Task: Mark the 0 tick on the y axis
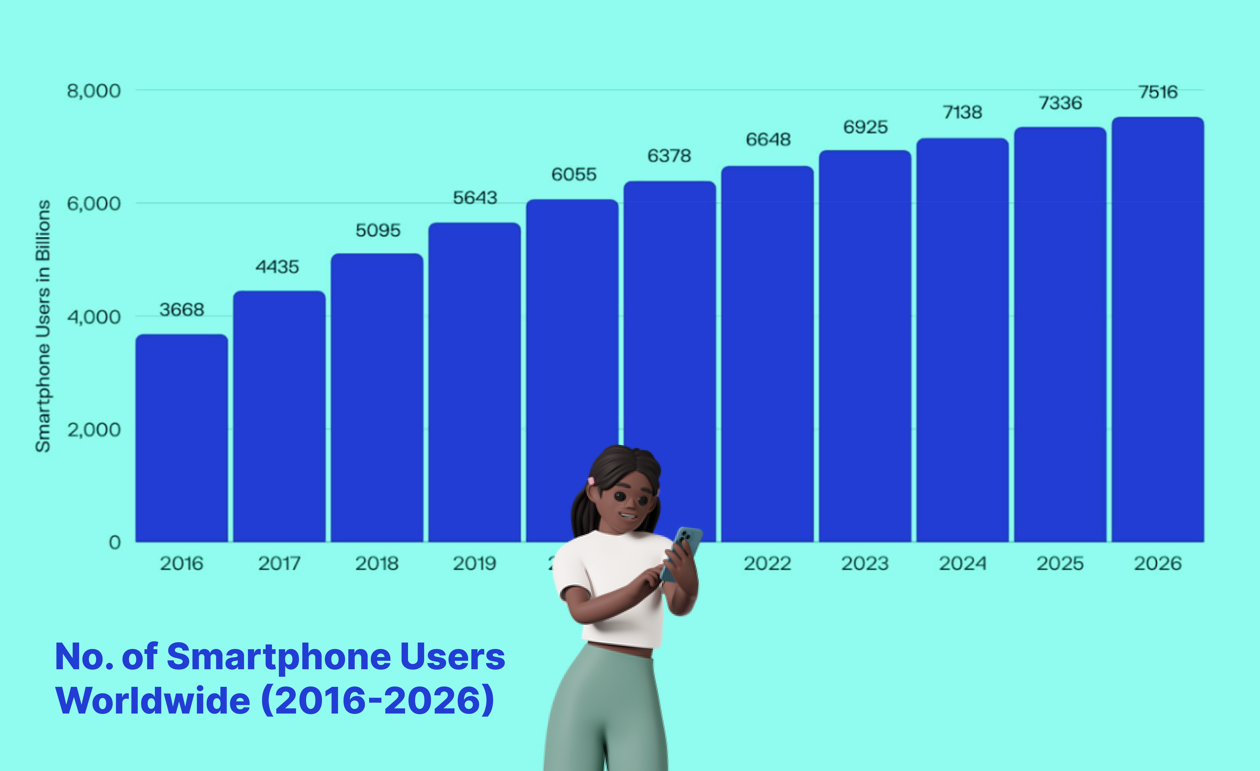click(x=115, y=542)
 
